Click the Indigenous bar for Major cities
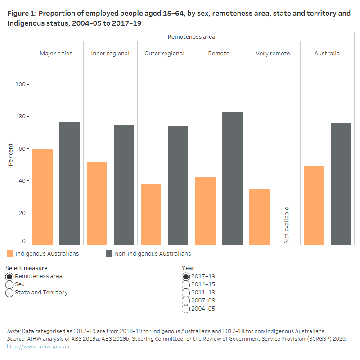coord(42,197)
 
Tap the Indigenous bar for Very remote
coord(259,216)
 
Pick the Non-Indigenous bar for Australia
coord(341,184)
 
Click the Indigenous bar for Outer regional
coord(151,214)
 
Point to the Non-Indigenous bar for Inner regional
coord(124,184)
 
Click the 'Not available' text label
coord(287,225)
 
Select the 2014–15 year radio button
coord(185,284)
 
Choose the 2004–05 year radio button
coord(185,309)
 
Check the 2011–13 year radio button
coord(185,292)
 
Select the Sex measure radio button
coord(9,284)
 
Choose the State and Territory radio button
coord(9,292)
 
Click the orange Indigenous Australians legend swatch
coord(10,253)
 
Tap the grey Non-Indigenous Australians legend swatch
coord(109,253)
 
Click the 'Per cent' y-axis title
coord(10,155)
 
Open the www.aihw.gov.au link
coord(38,346)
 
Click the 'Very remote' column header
coord(273,53)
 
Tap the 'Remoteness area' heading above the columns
coord(191,36)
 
